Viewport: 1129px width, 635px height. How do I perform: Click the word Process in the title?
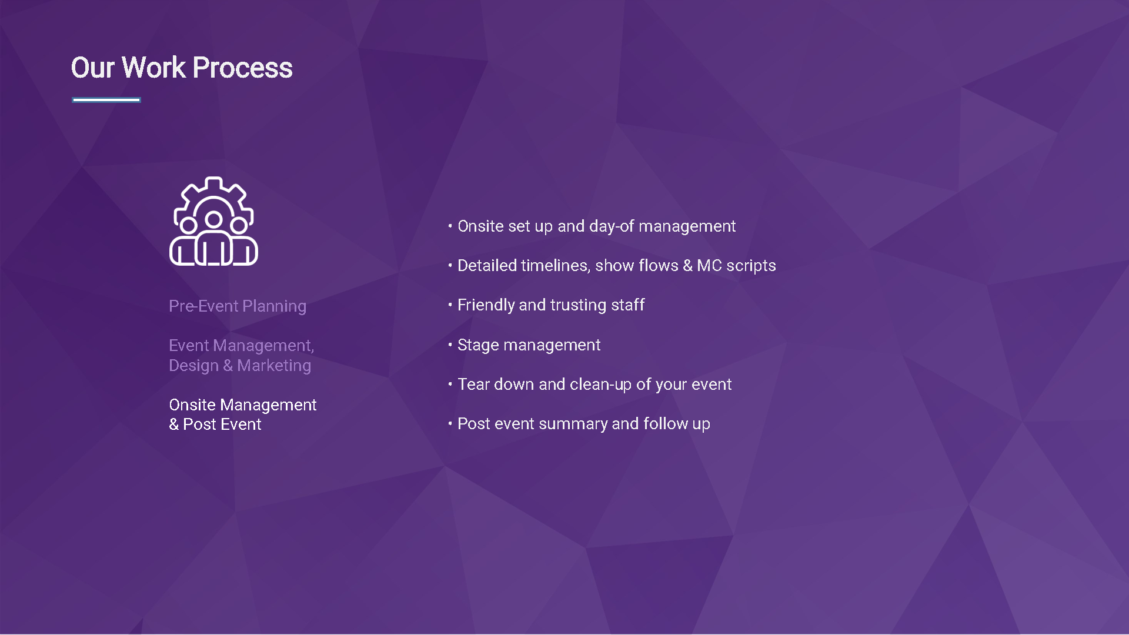coord(242,68)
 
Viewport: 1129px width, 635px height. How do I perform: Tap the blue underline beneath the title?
coord(106,100)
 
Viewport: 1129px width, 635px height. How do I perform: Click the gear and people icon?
coord(213,221)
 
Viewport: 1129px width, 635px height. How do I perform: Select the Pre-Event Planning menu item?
coord(238,306)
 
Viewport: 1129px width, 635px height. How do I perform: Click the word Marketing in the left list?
coord(274,366)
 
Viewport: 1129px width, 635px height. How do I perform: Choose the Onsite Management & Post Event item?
coord(243,415)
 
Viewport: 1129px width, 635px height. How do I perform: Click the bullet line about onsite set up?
coord(596,226)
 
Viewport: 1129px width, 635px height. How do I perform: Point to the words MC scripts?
coord(736,266)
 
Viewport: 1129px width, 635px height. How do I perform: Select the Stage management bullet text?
coord(529,345)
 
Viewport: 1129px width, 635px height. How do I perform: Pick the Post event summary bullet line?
coord(584,424)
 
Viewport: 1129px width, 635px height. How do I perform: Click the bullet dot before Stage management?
coord(450,345)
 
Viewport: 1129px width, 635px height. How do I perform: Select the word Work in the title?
coord(154,68)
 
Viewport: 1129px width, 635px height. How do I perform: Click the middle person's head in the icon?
coord(213,220)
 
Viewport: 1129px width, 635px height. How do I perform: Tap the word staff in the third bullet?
coord(628,305)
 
